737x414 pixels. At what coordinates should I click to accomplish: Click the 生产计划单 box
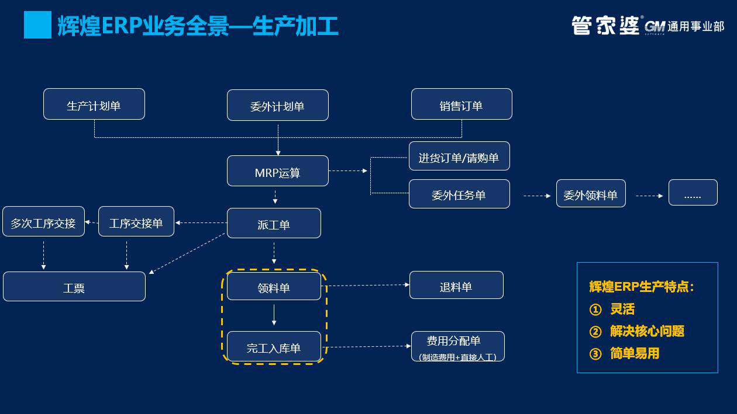pos(94,104)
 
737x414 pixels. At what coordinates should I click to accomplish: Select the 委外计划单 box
pos(278,105)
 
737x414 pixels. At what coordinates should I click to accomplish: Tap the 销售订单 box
pos(462,104)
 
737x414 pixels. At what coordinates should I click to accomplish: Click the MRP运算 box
pos(278,171)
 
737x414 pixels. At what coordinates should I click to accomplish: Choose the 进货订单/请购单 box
pos(459,156)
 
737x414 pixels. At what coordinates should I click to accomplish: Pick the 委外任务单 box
pos(459,194)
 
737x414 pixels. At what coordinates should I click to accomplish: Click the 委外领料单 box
pos(591,193)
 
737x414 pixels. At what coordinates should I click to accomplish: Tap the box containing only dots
pos(693,193)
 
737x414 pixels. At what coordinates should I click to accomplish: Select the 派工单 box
pos(274,223)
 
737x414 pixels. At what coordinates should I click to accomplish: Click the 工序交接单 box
pos(136,221)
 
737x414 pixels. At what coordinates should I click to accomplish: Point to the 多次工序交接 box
pos(43,221)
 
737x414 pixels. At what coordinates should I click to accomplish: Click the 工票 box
pos(74,287)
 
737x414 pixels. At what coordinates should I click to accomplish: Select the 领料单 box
pos(274,287)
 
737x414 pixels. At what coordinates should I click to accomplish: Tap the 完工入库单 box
pos(274,347)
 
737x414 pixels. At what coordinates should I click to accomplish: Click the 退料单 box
pos(456,285)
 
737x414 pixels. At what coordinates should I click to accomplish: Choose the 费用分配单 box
pos(457,346)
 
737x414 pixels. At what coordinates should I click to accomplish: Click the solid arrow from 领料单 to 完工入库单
pos(274,315)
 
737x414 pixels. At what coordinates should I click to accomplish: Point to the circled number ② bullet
pos(595,332)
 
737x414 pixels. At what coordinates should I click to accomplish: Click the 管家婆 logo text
pos(605,25)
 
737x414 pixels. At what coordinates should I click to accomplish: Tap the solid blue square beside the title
pos(37,25)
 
